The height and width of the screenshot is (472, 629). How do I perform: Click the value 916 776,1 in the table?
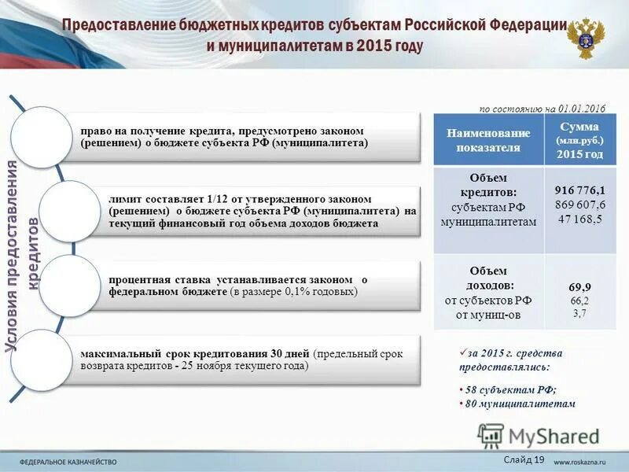(x=580, y=190)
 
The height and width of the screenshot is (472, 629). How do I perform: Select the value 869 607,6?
(x=580, y=205)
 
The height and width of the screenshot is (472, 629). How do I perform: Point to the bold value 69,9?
(x=580, y=287)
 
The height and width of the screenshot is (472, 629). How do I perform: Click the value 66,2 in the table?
(x=580, y=301)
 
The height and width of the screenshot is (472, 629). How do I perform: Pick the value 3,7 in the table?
(x=580, y=313)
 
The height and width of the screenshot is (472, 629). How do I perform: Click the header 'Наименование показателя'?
(x=488, y=140)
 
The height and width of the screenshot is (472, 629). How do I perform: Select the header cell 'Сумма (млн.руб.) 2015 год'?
(x=580, y=140)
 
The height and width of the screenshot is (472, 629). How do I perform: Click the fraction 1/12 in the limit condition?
(x=217, y=199)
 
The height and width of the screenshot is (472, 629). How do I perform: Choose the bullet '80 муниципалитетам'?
(x=519, y=404)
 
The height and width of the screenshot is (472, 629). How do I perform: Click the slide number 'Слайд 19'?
(x=523, y=459)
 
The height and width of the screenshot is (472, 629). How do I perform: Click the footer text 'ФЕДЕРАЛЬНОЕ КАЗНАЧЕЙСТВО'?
(x=68, y=461)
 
